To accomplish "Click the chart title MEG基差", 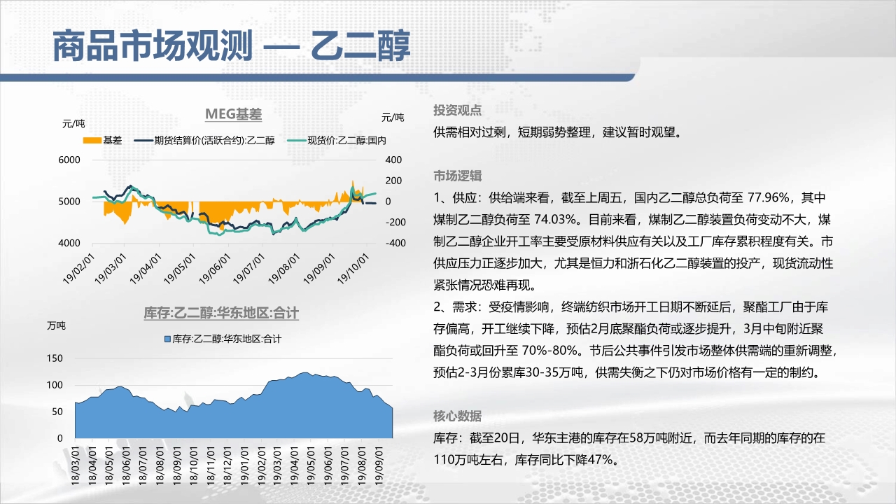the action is (x=233, y=114).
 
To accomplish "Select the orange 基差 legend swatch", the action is (x=92, y=141).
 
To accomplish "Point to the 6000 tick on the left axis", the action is (x=69, y=160).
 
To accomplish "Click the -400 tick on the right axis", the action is (x=395, y=243).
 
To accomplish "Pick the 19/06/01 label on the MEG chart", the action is (x=216, y=268).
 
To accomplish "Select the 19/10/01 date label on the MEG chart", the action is (x=353, y=268).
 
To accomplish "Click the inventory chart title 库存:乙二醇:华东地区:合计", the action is (x=221, y=313).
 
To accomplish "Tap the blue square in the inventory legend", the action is (x=167, y=339).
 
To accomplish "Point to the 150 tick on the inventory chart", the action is (x=55, y=358).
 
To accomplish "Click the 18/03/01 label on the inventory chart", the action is (x=75, y=466).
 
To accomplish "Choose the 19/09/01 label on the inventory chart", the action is (x=379, y=466).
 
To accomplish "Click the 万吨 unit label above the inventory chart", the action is (x=57, y=326).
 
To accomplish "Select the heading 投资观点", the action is (x=458, y=111).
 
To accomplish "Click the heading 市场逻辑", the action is (x=458, y=176).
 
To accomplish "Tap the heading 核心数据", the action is (x=458, y=416).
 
